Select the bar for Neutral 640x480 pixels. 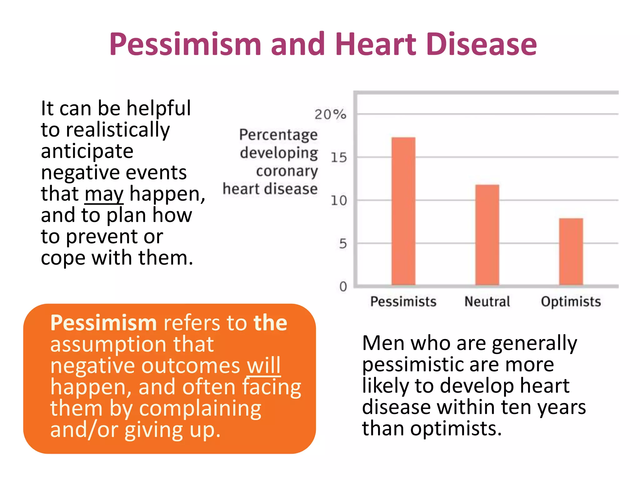point(487,235)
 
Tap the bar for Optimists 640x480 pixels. point(571,252)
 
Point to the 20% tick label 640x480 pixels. point(330,114)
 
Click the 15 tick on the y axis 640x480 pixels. point(339,157)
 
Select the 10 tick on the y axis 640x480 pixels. point(339,200)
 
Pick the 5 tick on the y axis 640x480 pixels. point(343,243)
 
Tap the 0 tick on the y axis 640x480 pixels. point(343,286)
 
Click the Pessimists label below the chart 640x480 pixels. point(403,302)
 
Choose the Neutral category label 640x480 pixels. point(487,302)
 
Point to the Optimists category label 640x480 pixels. point(571,302)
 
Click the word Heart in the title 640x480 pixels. point(376,44)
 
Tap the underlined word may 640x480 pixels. point(104,194)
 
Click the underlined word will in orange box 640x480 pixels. point(263,365)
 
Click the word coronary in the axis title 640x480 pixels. point(287,171)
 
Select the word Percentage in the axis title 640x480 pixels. point(278,135)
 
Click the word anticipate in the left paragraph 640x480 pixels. point(87,151)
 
